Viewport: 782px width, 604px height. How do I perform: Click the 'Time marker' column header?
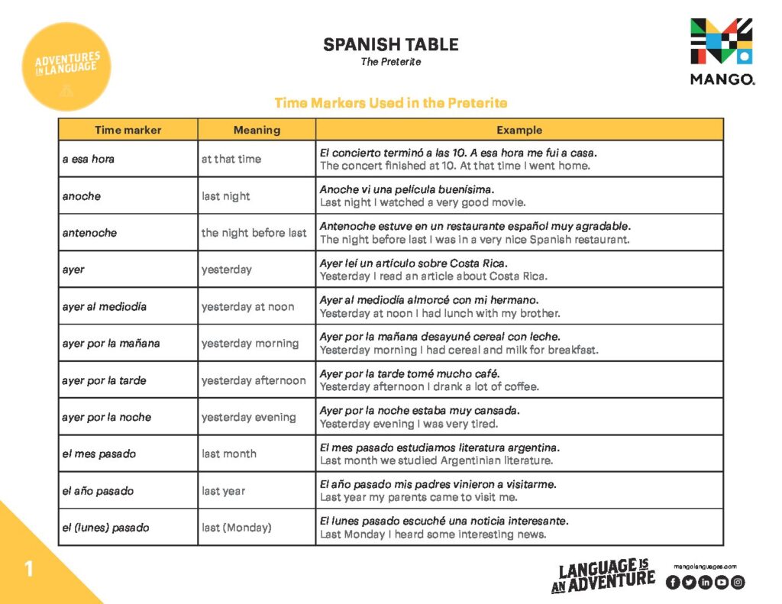click(x=128, y=130)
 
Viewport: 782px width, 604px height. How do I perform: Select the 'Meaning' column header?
click(x=257, y=130)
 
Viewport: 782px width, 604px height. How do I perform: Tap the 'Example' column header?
click(x=519, y=130)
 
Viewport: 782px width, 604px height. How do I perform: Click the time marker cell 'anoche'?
click(x=82, y=196)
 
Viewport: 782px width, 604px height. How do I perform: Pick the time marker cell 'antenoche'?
click(x=89, y=233)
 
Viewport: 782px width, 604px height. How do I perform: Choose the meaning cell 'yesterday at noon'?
click(x=247, y=307)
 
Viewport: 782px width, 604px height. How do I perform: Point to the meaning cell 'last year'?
click(x=223, y=491)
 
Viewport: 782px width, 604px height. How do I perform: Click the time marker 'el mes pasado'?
click(x=99, y=454)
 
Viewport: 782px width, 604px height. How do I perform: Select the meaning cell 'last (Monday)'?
click(x=236, y=528)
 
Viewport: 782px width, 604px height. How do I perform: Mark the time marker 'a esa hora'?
click(x=88, y=160)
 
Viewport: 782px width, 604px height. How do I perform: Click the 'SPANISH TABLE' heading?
click(x=390, y=44)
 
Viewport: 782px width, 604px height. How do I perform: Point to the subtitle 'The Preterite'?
click(x=390, y=62)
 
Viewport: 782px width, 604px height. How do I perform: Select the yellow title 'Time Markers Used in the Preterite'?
click(x=390, y=102)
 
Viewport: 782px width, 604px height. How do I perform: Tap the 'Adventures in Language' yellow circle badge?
click(x=66, y=66)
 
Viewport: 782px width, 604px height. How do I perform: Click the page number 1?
click(x=29, y=569)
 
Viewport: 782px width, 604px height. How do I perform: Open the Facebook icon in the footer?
click(x=673, y=582)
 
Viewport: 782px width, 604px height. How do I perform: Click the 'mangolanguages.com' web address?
click(x=705, y=566)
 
